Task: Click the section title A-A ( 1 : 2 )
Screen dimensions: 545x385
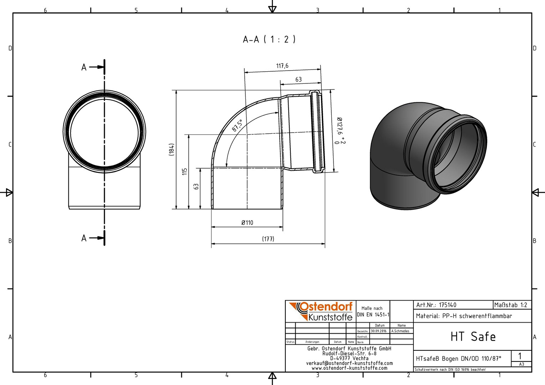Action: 269,39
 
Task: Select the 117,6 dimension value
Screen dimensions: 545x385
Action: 282,66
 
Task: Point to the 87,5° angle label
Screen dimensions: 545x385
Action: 237,125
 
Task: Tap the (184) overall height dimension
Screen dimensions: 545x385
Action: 172,149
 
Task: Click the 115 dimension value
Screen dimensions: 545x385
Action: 184,171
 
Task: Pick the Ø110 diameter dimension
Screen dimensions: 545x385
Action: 247,222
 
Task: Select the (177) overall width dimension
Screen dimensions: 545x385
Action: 268,239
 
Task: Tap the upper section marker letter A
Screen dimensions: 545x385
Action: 84,67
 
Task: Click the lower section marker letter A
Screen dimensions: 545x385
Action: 84,238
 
